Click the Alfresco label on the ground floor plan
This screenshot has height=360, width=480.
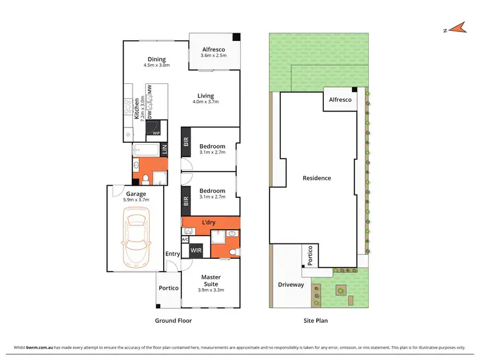coord(212,49)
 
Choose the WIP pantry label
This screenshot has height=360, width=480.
coord(156,133)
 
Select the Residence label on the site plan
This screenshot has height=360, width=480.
coord(317,178)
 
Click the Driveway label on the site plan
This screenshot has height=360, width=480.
coord(291,284)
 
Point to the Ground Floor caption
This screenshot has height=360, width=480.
coord(173,320)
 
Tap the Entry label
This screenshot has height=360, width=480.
coord(173,254)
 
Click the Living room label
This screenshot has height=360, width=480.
coord(205,96)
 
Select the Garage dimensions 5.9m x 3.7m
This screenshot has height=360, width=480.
coord(136,200)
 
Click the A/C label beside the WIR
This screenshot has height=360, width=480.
coord(185,239)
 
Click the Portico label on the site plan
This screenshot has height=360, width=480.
coord(310,255)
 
